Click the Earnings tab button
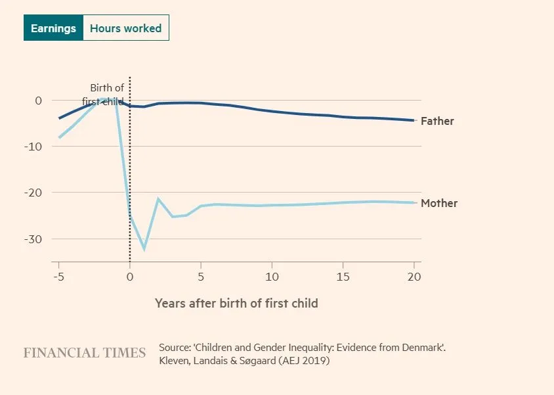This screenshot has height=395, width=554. tap(53, 28)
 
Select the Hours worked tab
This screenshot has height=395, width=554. tap(125, 28)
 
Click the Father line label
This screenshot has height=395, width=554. tap(437, 121)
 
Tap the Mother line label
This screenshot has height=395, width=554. tap(439, 203)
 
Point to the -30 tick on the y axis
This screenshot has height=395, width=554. tap(33, 239)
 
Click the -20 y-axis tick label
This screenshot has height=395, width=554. tap(33, 193)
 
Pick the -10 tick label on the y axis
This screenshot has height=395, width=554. tap(33, 146)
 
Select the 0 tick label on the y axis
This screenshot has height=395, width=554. tap(38, 100)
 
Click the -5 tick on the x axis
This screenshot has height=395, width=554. tap(58, 277)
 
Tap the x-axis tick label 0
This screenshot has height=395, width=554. tap(130, 277)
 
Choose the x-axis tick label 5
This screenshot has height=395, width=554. tap(200, 277)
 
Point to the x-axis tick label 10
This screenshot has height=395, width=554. tap(271, 277)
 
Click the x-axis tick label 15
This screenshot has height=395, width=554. tap(343, 277)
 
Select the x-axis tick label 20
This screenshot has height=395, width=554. tap(414, 277)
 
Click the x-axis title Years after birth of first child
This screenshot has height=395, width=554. tap(236, 303)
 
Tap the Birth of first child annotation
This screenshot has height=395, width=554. tap(107, 95)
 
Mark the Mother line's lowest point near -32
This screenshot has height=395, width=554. tap(144, 248)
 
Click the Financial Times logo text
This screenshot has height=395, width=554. tap(85, 353)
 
